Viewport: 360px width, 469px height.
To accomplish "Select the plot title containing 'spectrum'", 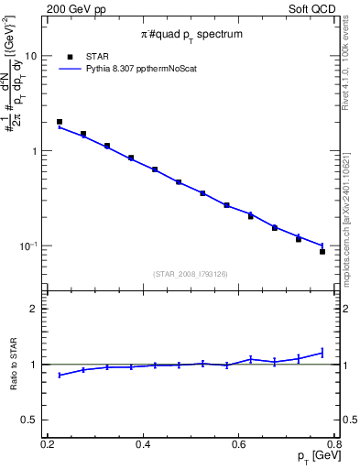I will pyautogui.click(x=191, y=35).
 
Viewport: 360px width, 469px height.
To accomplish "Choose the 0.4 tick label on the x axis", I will pyautogui.click(x=142, y=444).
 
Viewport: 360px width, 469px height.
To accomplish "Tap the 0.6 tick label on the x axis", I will pyautogui.click(x=239, y=444).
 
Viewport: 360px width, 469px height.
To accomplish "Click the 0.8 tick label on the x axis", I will pyautogui.click(x=334, y=444).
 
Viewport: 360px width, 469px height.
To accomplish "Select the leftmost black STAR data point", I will pyautogui.click(x=60, y=122).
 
